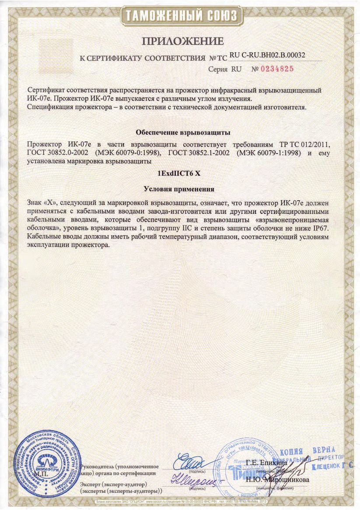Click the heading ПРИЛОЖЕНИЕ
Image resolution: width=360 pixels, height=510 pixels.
[182, 42]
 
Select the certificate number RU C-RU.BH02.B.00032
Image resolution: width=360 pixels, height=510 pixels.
[267, 55]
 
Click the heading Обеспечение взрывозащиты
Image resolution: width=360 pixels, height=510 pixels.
[183, 132]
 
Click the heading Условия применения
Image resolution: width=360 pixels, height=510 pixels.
[179, 189]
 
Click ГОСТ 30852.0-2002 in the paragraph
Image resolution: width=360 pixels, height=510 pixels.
[55, 152]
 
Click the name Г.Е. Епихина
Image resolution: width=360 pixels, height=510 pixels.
[266, 462]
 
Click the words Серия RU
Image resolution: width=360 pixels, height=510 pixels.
[225, 69]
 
